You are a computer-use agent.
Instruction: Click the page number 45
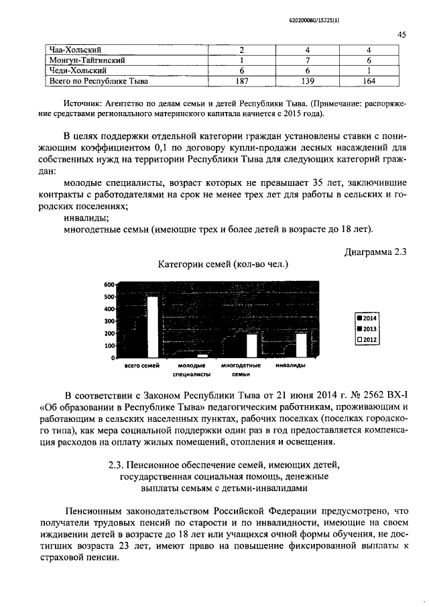click(x=402, y=35)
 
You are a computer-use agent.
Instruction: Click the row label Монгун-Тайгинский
click(x=85, y=60)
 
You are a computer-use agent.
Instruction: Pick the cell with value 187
click(x=241, y=81)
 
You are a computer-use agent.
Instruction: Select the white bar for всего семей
click(x=153, y=326)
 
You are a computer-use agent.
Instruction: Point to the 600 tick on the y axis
click(x=110, y=284)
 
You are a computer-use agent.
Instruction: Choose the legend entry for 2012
click(x=367, y=339)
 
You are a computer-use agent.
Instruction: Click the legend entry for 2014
click(x=367, y=318)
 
